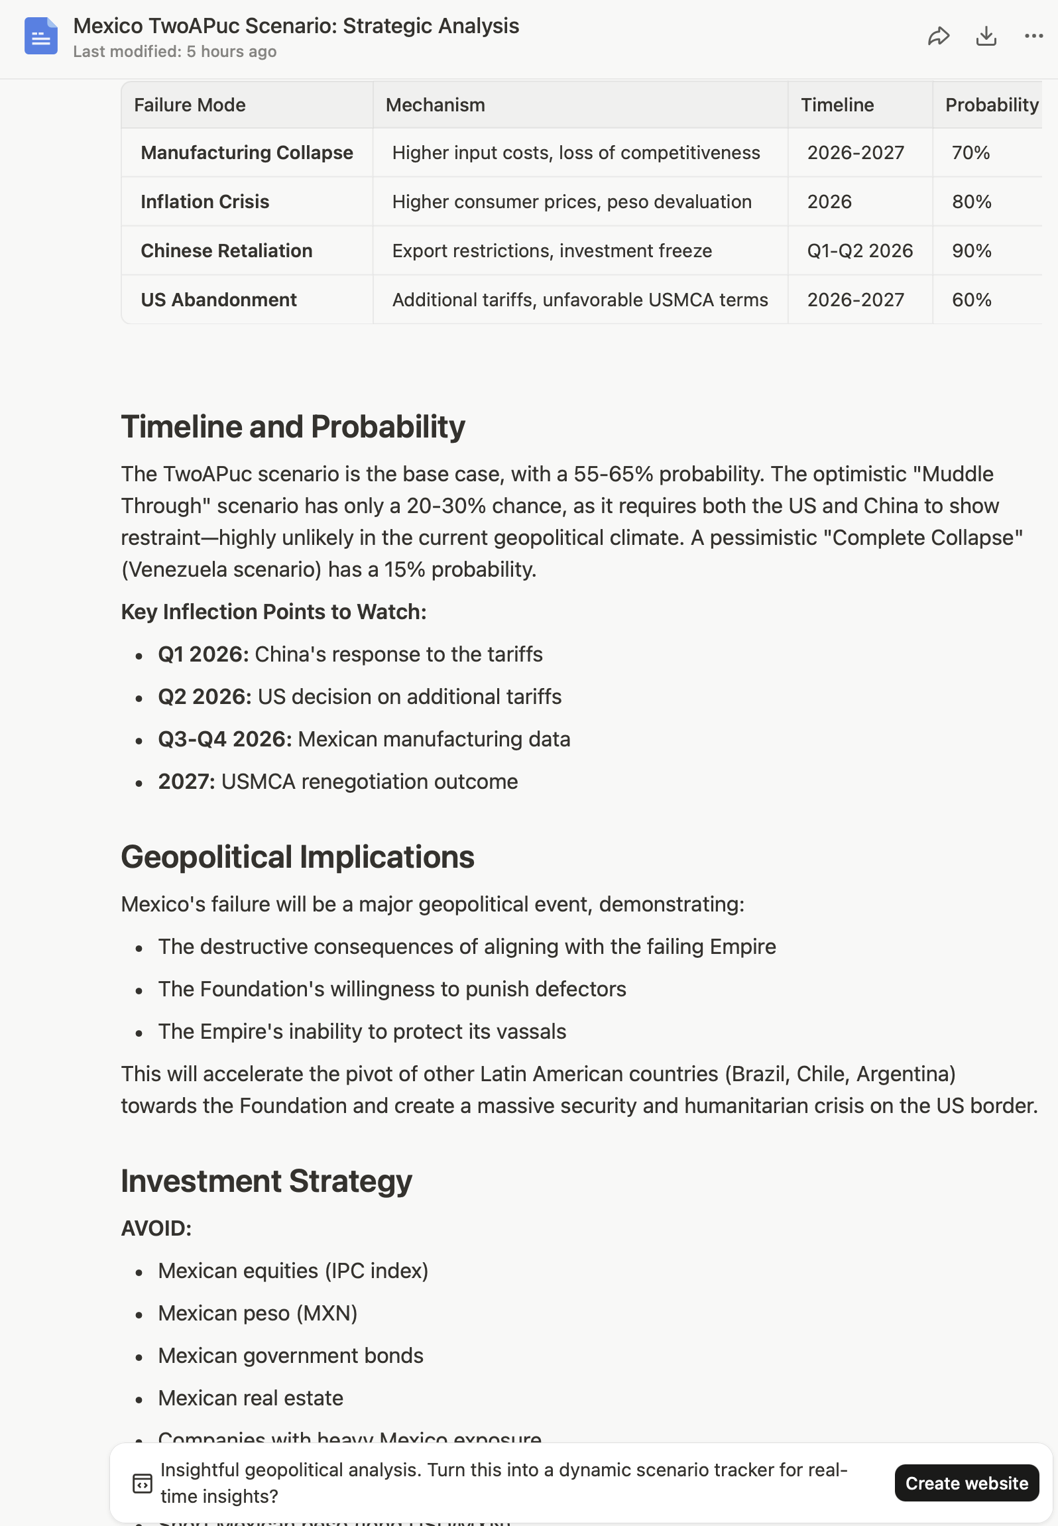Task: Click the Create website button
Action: click(x=966, y=1483)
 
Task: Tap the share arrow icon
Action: click(x=938, y=36)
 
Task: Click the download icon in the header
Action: click(x=986, y=36)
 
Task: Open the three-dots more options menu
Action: click(x=1033, y=36)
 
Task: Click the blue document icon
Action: click(x=41, y=36)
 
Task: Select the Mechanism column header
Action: click(x=435, y=105)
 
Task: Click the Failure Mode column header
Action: click(x=190, y=105)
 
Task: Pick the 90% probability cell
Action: click(x=971, y=251)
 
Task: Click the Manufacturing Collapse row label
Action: click(x=247, y=152)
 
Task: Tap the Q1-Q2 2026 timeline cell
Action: click(x=859, y=251)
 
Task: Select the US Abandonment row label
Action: click(x=218, y=300)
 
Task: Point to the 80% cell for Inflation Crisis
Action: click(x=971, y=202)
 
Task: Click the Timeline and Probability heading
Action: click(x=293, y=426)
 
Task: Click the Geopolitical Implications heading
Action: click(x=298, y=856)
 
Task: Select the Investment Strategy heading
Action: click(x=266, y=1181)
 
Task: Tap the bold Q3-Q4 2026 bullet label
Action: click(x=225, y=739)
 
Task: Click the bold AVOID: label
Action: click(x=156, y=1228)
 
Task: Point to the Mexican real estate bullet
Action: click(x=251, y=1398)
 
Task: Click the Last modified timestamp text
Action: click(x=175, y=52)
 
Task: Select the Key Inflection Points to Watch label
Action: click(x=274, y=611)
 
